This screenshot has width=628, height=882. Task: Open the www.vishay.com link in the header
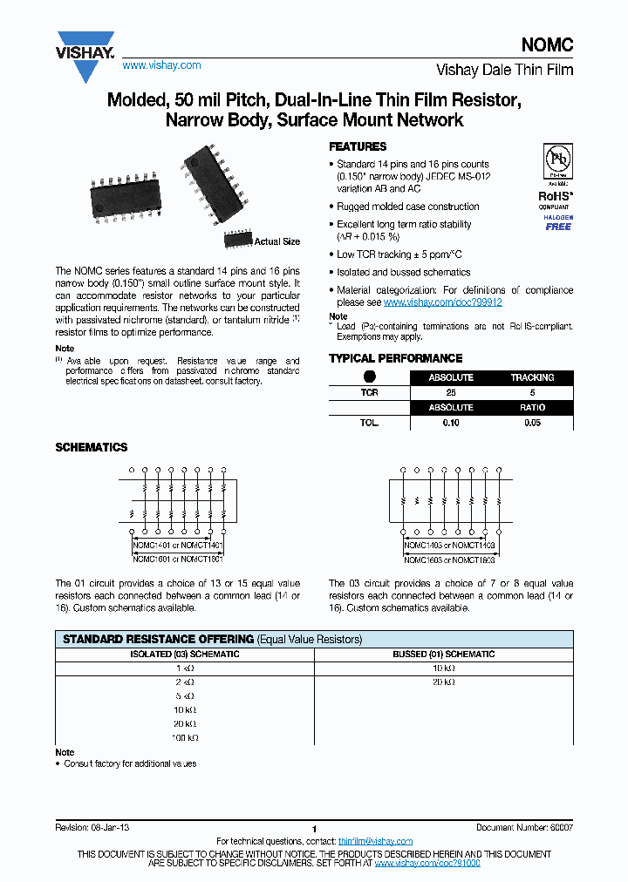pos(161,65)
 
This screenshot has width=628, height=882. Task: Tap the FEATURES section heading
pos(357,146)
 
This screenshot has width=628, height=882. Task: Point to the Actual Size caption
pos(276,241)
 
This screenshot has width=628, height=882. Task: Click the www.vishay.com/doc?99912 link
pos(442,302)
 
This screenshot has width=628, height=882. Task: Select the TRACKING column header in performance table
pos(532,377)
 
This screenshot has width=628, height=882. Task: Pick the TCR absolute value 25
pos(450,392)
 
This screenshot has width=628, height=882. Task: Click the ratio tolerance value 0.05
pos(532,422)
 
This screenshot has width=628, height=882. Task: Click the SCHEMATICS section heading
pos(91,447)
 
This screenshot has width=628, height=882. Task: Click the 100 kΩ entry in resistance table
pos(184,737)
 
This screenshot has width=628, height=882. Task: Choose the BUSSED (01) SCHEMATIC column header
pos(443,654)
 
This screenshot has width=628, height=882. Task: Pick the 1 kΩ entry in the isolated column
pos(184,668)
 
